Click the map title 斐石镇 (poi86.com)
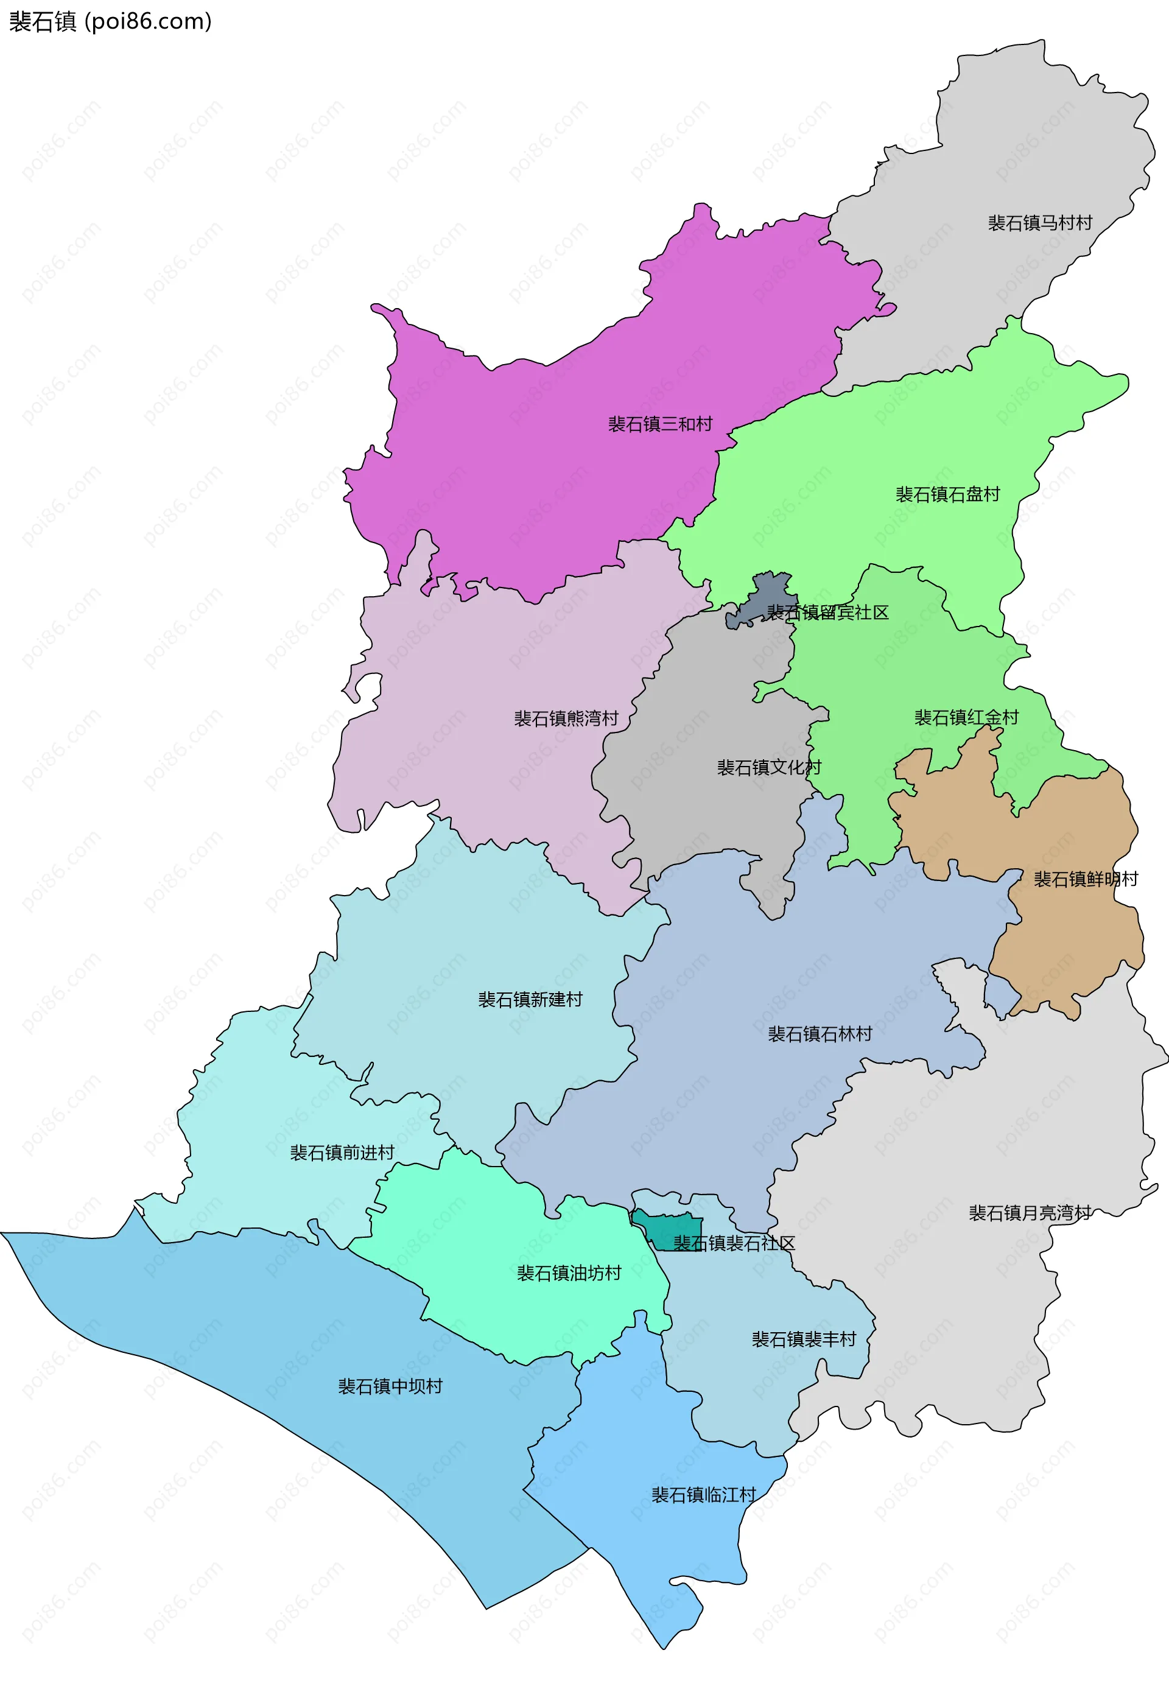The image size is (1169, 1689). tap(110, 22)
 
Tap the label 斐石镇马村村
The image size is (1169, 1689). tap(1039, 223)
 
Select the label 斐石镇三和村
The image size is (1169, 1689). tap(660, 424)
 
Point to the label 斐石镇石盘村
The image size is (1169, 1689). tap(948, 494)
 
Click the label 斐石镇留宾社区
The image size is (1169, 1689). tap(827, 613)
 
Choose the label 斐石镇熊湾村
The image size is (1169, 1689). tap(566, 718)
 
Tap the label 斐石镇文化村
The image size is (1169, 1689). tap(769, 768)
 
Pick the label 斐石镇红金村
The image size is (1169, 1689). tap(966, 718)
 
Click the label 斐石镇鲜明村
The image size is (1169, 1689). tap(1086, 879)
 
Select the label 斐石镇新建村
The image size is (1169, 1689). tap(530, 1000)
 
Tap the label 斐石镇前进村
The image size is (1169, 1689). tap(342, 1153)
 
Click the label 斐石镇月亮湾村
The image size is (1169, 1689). tap(1030, 1213)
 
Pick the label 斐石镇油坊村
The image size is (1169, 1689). tap(569, 1273)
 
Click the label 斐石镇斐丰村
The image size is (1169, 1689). tap(804, 1339)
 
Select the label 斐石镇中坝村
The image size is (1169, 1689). tap(390, 1386)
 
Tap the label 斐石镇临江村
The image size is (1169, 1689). tap(704, 1495)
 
